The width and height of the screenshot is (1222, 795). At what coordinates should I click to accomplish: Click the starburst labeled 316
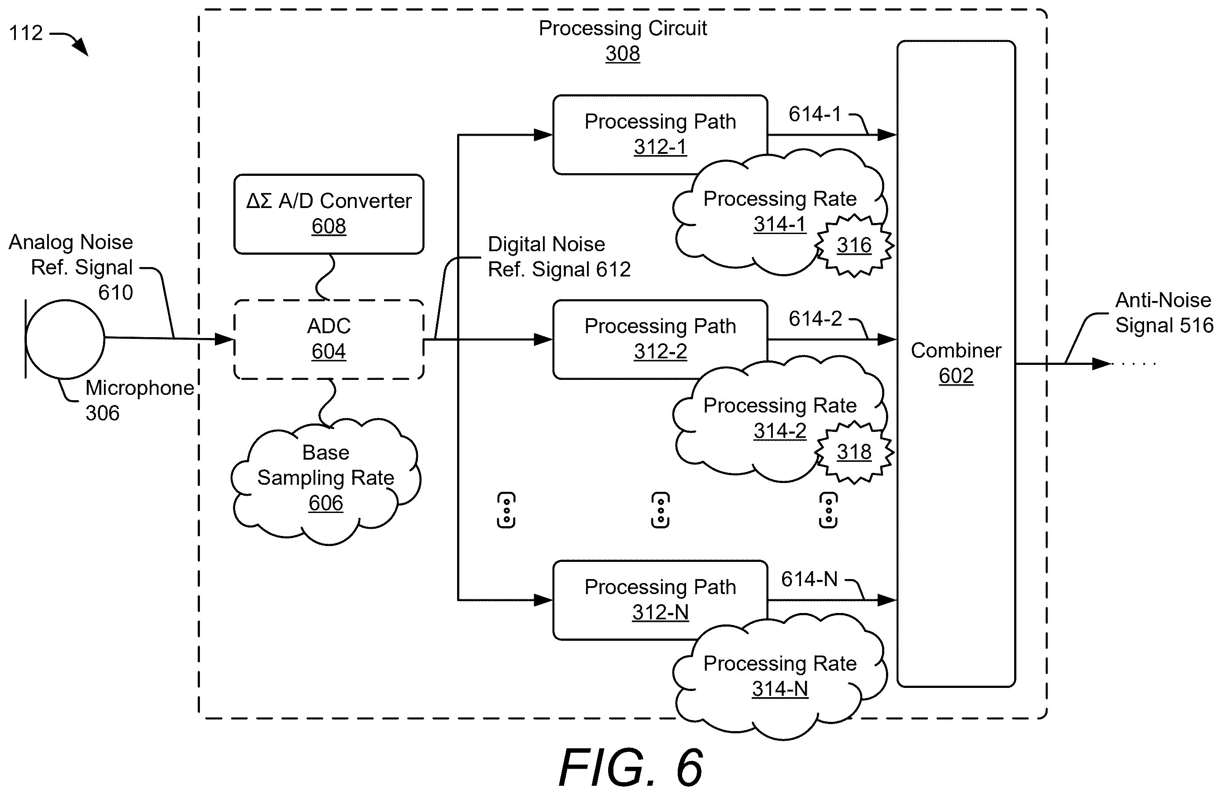(x=854, y=245)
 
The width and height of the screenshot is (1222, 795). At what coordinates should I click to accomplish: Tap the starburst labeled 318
(x=854, y=452)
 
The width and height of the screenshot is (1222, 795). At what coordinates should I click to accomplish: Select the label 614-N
(x=809, y=580)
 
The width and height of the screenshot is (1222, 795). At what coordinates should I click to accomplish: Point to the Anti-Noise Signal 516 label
(x=1164, y=312)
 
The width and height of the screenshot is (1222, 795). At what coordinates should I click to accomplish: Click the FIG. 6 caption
(x=631, y=768)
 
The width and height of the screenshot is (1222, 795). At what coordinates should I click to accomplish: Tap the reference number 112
(x=26, y=33)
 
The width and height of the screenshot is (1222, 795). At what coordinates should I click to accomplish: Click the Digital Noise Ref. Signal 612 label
(x=559, y=256)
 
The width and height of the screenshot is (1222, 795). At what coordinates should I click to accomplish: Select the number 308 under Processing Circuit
(x=622, y=53)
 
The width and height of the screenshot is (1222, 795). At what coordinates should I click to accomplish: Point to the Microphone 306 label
(x=140, y=400)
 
